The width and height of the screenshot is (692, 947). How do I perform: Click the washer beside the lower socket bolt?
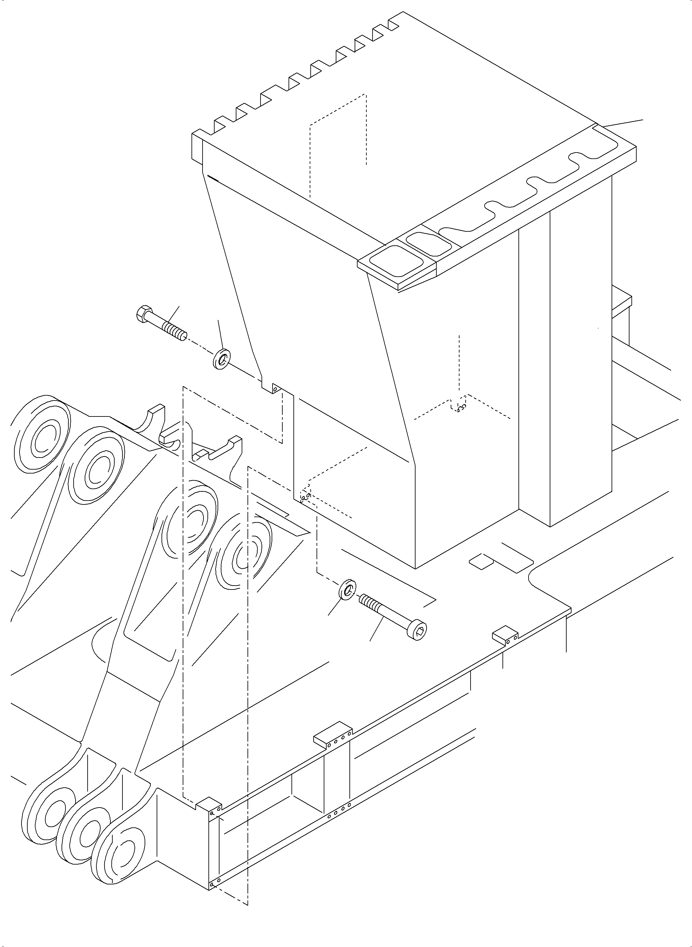(x=348, y=590)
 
